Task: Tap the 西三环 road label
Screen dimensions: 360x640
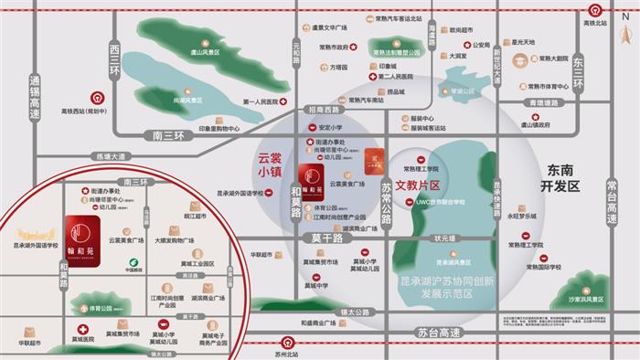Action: [x=114, y=57]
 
